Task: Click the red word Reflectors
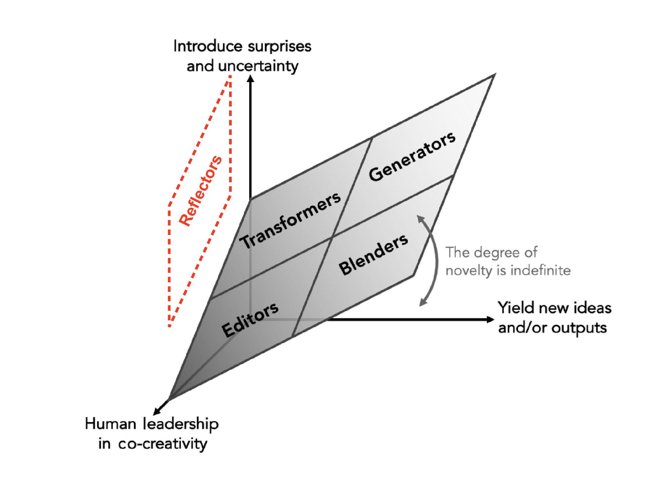click(x=200, y=191)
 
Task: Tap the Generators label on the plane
click(x=412, y=157)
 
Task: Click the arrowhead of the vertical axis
click(x=251, y=78)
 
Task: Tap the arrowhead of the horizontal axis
click(x=491, y=319)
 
